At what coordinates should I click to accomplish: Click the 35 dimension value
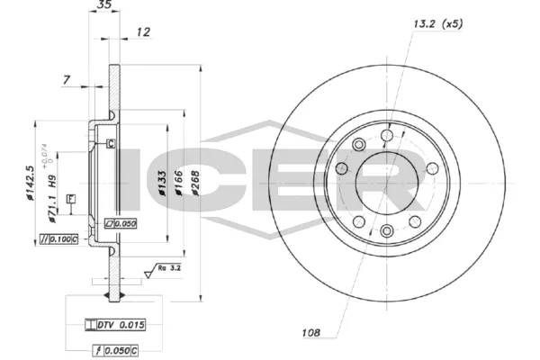[104, 6]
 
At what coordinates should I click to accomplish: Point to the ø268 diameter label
[193, 185]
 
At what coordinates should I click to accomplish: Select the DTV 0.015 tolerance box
[115, 324]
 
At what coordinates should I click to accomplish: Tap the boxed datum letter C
[111, 144]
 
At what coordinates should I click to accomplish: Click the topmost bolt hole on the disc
[387, 135]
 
